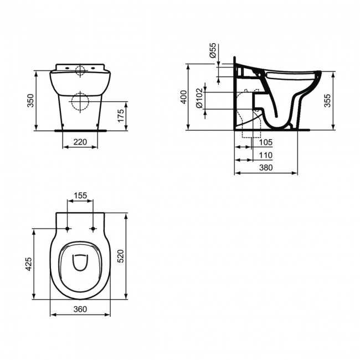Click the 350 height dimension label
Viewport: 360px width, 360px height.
point(31,100)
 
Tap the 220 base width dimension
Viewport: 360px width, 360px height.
point(80,142)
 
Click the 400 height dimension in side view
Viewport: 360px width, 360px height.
point(184,97)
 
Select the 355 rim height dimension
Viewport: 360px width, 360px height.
point(328,100)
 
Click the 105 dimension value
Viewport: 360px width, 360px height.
point(266,142)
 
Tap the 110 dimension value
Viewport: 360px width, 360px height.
point(266,156)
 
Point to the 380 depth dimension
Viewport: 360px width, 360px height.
point(266,168)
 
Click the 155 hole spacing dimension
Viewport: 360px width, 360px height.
point(80,195)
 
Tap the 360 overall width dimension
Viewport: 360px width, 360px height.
point(80,310)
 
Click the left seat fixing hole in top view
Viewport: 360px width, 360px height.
point(68,229)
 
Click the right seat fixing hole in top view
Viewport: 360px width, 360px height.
point(93,229)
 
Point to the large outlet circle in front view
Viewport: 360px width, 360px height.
point(80,102)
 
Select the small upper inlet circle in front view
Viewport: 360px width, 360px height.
point(80,70)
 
